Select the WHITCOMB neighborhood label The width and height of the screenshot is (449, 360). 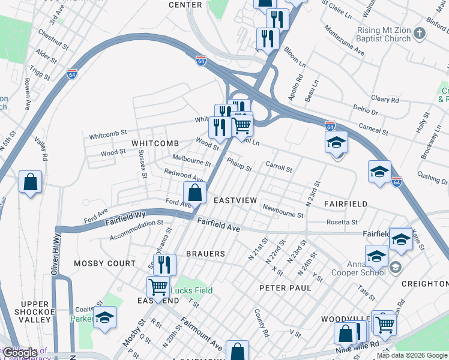[155, 143]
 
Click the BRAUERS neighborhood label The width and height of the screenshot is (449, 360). [205, 254]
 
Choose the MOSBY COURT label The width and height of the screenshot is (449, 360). [104, 263]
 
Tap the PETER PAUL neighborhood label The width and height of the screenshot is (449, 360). [285, 288]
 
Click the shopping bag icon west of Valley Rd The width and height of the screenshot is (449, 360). [30, 182]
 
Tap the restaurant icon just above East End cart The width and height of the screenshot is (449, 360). [164, 265]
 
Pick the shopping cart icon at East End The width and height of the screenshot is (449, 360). [158, 287]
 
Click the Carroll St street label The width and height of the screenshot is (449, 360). [279, 166]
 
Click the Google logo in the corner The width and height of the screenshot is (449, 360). [20, 353]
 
